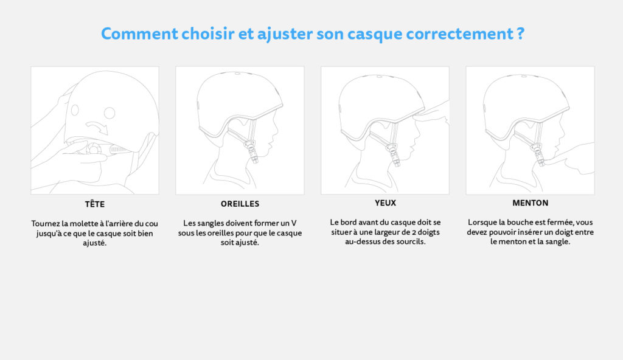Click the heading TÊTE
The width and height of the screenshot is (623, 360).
(x=95, y=204)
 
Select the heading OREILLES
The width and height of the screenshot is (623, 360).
(x=240, y=204)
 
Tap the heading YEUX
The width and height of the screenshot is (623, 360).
(x=385, y=202)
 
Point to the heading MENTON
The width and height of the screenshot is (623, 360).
(x=530, y=202)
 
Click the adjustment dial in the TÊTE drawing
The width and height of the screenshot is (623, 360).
(x=93, y=149)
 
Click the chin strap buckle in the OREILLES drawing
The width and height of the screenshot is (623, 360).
(x=250, y=148)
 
